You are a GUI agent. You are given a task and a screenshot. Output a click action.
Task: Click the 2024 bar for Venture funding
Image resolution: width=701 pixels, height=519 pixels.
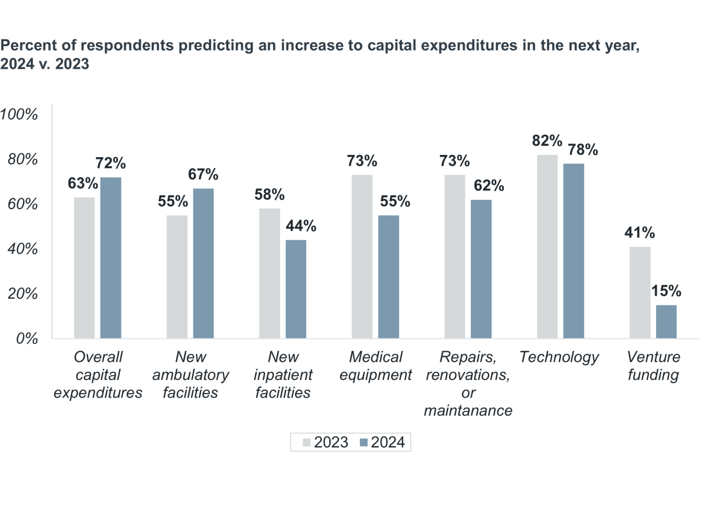(666, 322)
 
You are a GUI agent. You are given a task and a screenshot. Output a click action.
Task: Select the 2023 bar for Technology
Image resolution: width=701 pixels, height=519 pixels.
(547, 246)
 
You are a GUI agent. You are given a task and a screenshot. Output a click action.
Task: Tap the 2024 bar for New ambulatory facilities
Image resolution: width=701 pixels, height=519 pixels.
(203, 263)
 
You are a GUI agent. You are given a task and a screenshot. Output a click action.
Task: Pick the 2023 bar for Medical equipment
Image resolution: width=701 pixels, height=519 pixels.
(361, 256)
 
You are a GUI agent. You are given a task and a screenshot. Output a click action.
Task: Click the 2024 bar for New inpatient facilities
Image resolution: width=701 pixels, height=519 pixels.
(296, 289)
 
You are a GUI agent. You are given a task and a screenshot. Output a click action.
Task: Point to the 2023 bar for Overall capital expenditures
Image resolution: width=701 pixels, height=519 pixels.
(84, 268)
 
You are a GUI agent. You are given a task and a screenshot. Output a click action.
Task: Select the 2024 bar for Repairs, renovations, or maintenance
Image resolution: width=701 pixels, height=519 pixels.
(481, 269)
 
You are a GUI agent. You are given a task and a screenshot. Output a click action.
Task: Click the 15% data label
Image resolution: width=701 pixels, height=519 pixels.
(666, 291)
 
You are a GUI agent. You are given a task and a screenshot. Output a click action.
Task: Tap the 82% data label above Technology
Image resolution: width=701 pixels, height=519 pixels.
(547, 141)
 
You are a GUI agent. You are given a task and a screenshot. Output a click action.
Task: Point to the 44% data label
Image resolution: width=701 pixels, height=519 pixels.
(296, 226)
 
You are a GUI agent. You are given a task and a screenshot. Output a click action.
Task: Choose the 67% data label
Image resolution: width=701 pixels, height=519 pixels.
(203, 174)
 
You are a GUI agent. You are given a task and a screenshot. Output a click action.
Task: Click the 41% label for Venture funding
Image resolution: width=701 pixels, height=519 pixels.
(640, 233)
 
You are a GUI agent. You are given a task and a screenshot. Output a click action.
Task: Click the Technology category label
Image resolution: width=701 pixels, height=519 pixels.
(559, 357)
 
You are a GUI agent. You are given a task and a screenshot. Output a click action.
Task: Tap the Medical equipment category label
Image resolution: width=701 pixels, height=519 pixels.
(376, 366)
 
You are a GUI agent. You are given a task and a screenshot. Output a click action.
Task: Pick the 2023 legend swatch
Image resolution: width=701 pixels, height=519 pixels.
(308, 442)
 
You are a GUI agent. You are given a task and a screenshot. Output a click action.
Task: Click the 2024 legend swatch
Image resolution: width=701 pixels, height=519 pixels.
(364, 442)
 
